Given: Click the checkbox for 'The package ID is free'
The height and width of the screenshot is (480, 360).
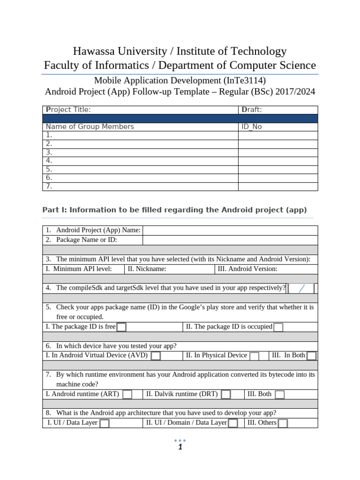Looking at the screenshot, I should coord(121,327).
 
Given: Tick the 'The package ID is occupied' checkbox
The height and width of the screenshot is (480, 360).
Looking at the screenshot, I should coord(278,327).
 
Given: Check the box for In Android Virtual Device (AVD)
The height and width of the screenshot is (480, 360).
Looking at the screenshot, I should coord(156,356).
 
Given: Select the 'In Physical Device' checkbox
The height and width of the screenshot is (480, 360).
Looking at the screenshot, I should coord(254,356).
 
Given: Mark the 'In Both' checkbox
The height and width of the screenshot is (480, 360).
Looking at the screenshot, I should coord(311,356).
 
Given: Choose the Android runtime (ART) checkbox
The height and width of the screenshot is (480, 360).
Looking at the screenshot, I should coord(127,395).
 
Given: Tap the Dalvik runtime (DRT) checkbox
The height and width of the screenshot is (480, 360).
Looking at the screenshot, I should coord(225,395).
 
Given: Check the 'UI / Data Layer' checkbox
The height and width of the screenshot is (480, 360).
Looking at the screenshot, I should coord(105,424).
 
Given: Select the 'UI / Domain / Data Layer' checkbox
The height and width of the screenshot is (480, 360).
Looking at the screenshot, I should coord(232,424).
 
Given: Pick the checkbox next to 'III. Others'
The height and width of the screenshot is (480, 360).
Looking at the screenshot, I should coord(283,424).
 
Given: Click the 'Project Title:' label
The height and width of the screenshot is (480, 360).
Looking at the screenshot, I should coord(68,110).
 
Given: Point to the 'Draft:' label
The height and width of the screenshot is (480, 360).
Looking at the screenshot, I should coord(252,110).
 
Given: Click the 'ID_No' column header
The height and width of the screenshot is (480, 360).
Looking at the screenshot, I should coord(252,127).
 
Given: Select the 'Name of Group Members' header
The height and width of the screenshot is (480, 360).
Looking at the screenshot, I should coord(90,127).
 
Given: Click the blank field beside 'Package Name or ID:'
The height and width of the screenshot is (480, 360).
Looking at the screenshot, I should coord(230,240).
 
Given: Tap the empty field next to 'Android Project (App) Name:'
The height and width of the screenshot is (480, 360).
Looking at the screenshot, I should coord(230,230).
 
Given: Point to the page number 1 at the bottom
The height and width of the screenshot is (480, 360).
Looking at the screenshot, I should coord(180,447).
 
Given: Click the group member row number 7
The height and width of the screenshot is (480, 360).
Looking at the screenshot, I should coord(49,186).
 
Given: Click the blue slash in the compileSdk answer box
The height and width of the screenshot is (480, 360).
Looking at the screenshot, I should coord(301,288).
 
